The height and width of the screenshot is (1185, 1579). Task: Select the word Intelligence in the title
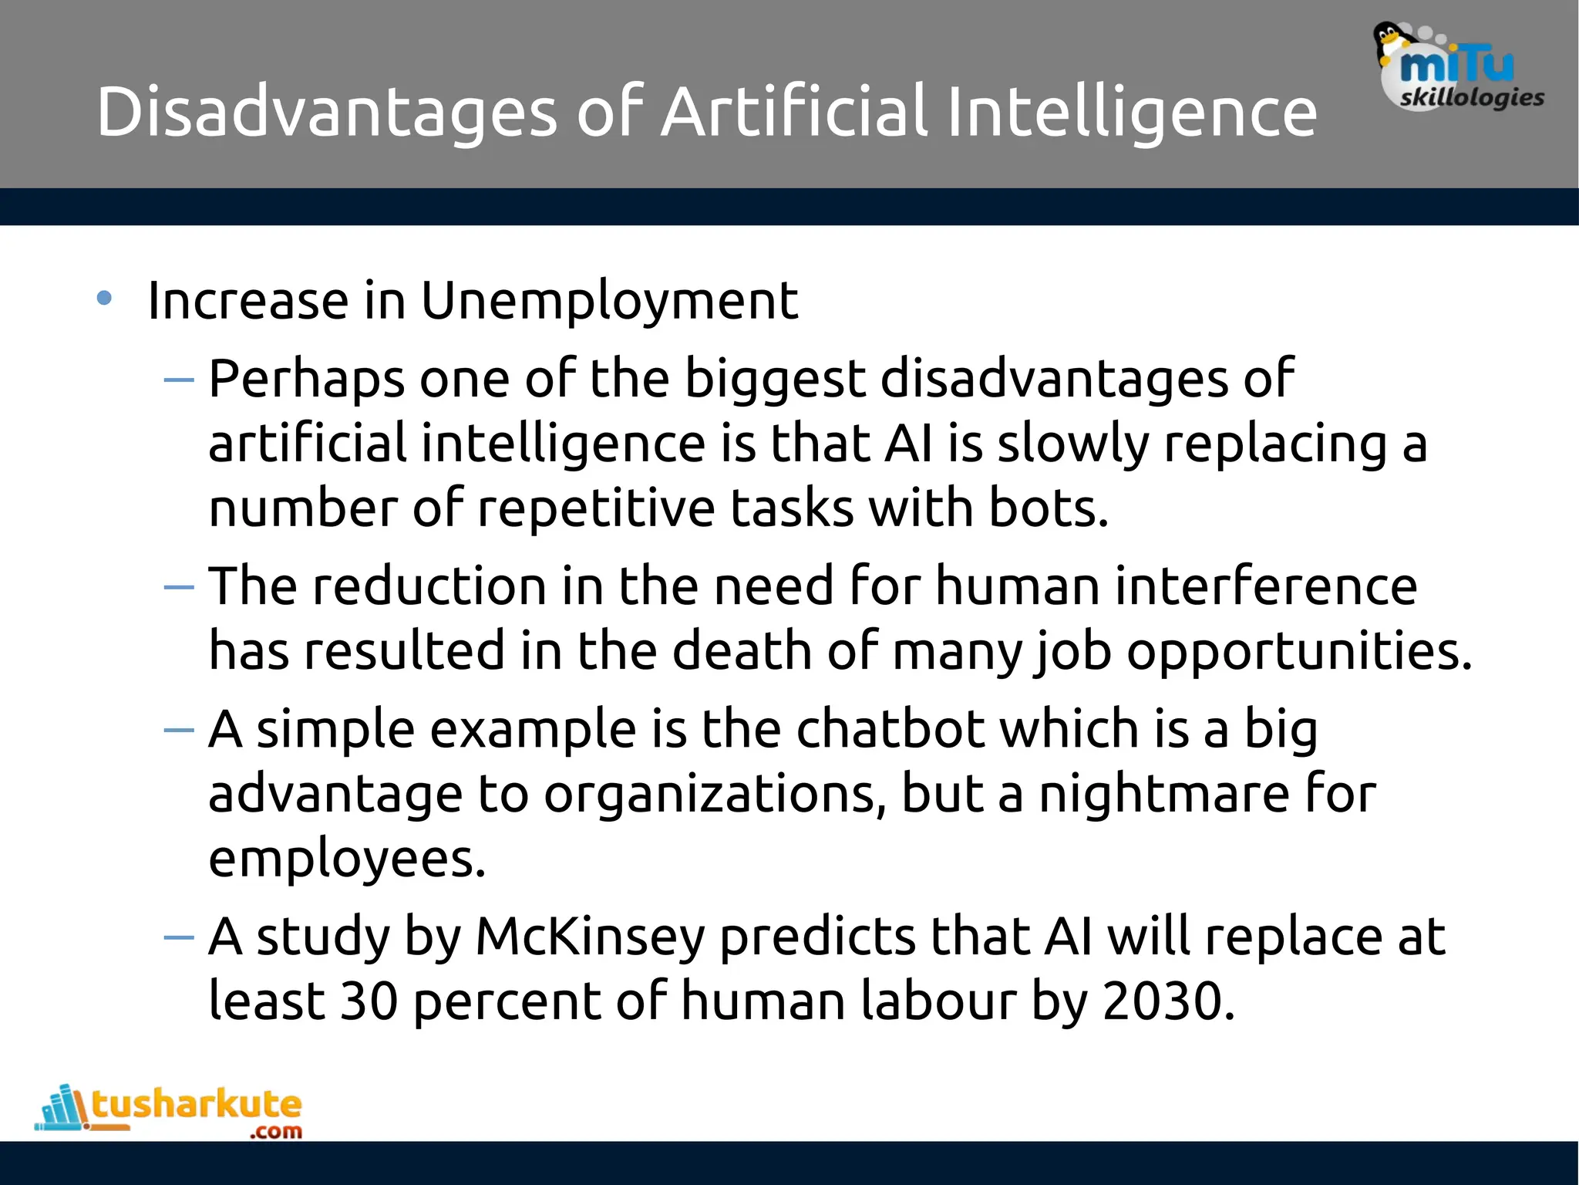click(x=1132, y=113)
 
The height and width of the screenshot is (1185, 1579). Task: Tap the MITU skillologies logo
click(x=1459, y=69)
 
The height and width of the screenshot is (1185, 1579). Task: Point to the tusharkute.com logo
click(x=170, y=1111)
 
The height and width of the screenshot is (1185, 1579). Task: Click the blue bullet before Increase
click(x=104, y=299)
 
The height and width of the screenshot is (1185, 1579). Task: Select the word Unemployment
click(x=609, y=301)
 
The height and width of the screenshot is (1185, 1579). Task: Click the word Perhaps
click(x=306, y=380)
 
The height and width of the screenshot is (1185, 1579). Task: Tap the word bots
click(x=1048, y=509)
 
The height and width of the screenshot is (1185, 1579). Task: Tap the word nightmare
click(x=1163, y=794)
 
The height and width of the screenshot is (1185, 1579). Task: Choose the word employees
click(x=347, y=859)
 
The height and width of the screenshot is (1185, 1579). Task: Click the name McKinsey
click(x=590, y=937)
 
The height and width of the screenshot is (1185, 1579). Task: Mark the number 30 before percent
click(x=369, y=1001)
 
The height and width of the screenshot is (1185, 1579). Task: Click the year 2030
click(x=1168, y=1001)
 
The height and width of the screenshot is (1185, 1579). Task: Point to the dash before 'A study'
click(x=179, y=937)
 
